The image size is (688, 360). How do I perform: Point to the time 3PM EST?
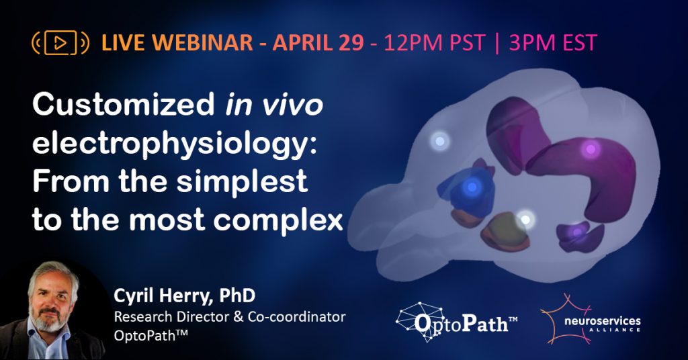point(553,43)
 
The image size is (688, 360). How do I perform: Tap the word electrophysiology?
point(172,143)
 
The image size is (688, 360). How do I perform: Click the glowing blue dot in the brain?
point(472,187)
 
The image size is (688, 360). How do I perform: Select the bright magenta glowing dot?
point(591,149)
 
